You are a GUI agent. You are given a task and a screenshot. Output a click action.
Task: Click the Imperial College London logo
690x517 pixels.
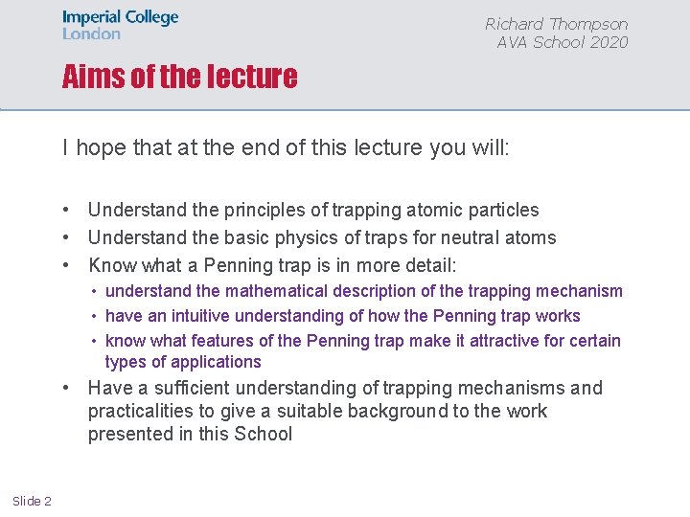120,25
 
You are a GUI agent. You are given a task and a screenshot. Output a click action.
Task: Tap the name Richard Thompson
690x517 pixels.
556,24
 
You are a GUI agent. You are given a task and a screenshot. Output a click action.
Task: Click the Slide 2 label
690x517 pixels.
32,502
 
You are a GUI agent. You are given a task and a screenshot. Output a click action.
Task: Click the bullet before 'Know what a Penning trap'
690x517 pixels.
69,265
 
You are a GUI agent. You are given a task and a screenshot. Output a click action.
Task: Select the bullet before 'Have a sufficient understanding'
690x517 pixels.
69,388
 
